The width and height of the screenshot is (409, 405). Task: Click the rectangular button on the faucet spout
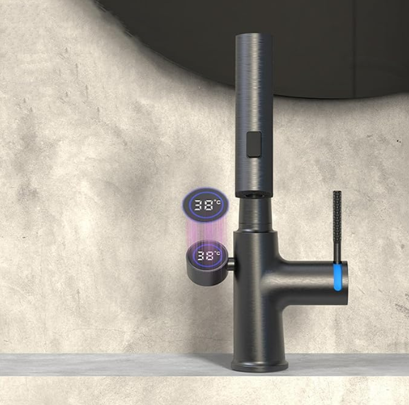pos(254,144)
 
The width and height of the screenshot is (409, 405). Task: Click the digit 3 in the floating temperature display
pos(200,206)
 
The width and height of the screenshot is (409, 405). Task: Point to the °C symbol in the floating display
pos(218,201)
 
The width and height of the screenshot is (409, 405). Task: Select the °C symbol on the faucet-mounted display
pos(217,253)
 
